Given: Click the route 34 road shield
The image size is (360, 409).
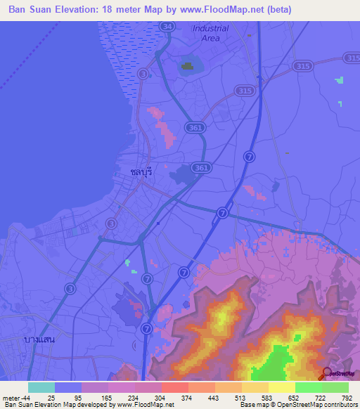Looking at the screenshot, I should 166,26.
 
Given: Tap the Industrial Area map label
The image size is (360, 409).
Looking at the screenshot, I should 210,33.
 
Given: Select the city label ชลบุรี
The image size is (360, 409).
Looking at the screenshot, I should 141,171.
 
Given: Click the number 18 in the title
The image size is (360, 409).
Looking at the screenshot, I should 120,10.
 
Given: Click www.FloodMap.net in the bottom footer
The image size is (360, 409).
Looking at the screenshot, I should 146,405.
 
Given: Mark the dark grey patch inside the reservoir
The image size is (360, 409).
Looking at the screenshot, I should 187,67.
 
